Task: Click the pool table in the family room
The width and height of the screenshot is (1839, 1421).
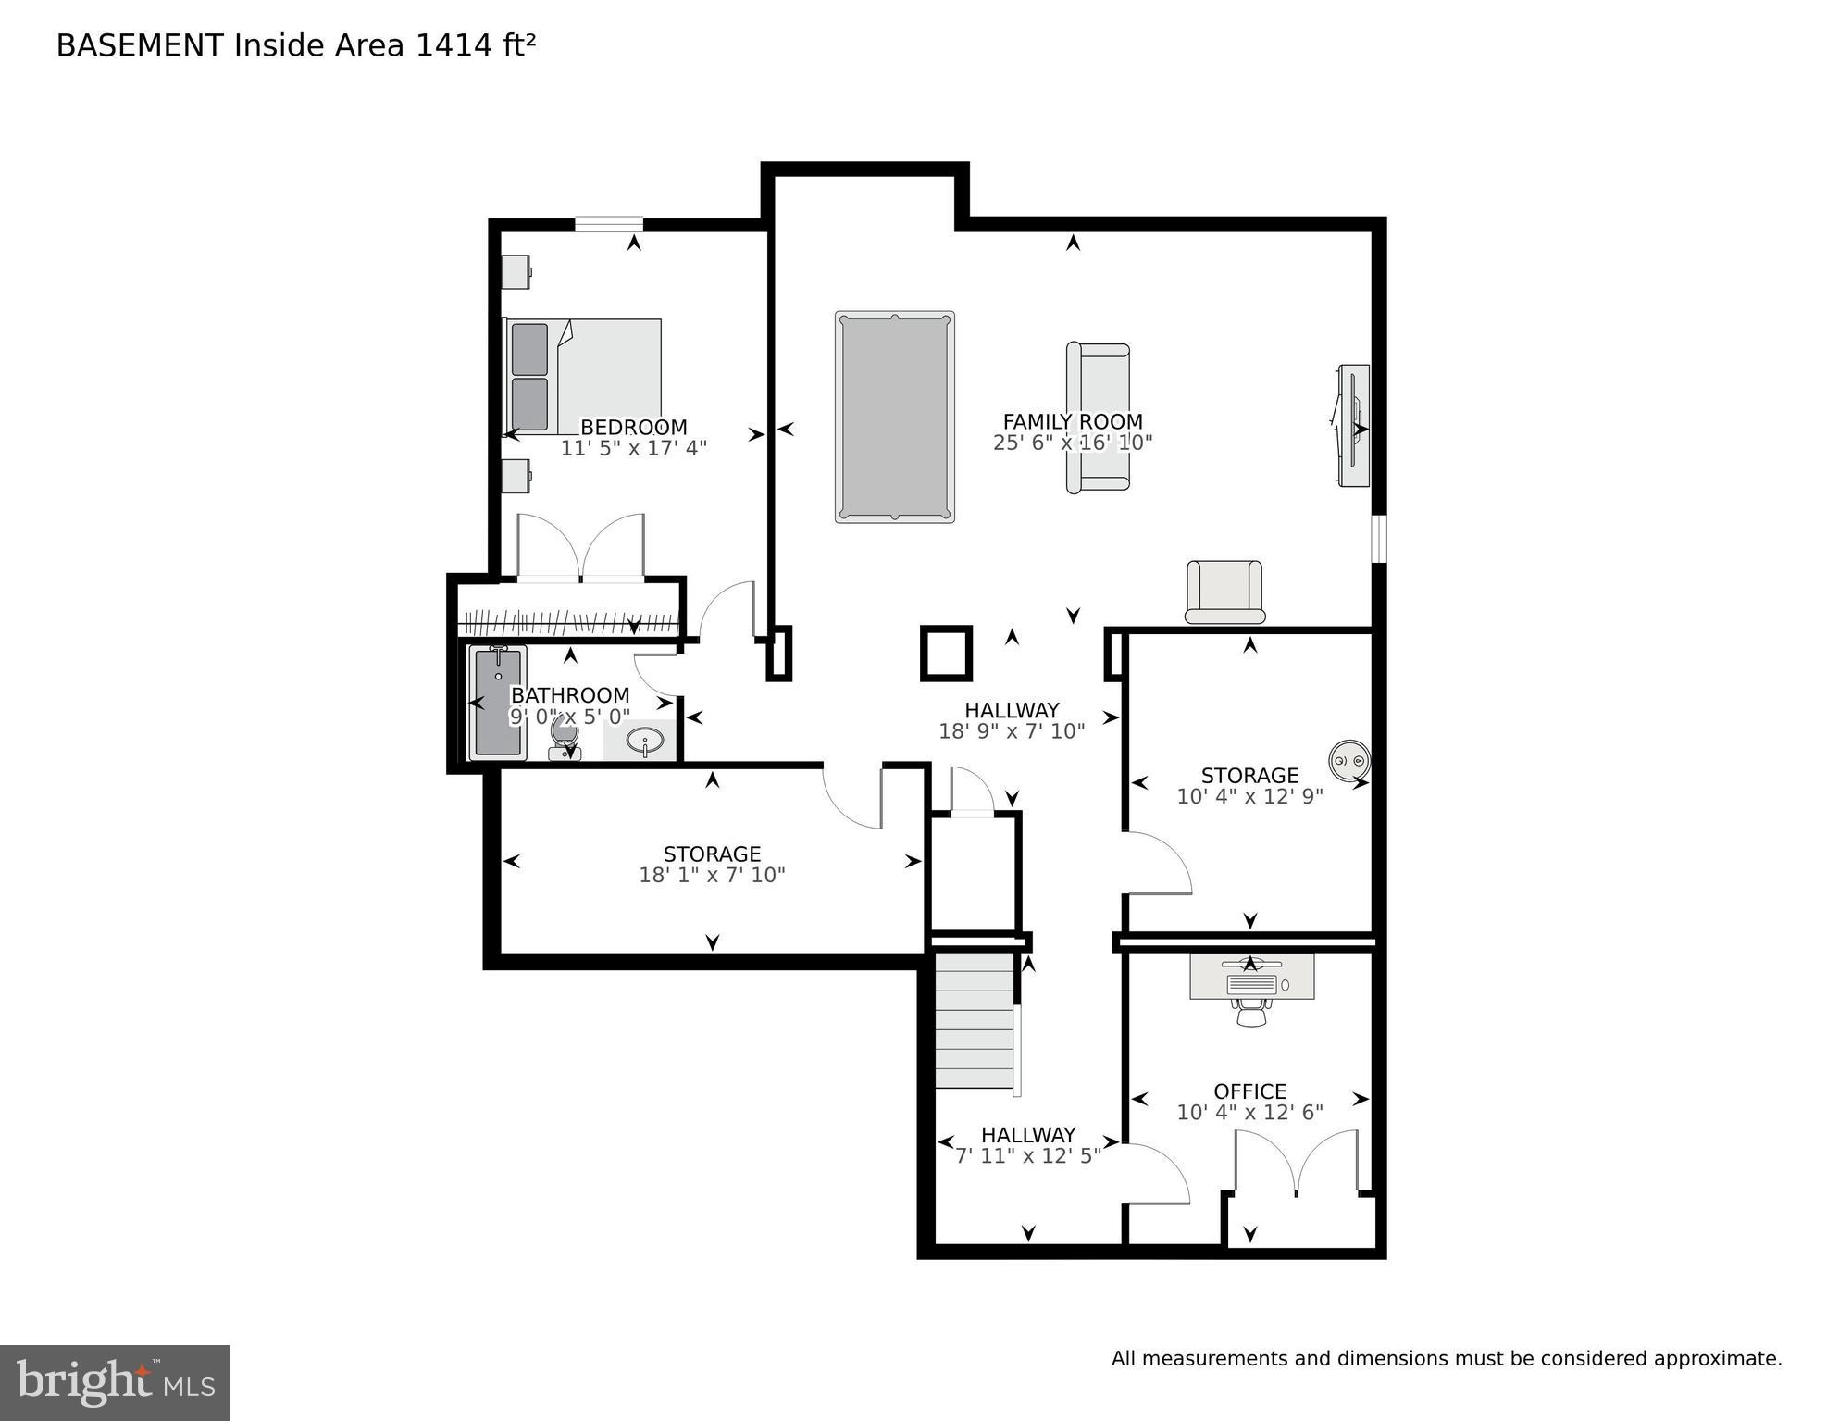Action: [894, 417]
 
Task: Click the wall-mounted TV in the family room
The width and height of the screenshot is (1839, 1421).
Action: [1353, 426]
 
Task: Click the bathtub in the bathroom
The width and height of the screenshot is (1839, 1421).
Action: [498, 703]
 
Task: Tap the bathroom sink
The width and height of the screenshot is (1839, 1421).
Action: [643, 741]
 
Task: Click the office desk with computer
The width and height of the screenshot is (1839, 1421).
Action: [1251, 978]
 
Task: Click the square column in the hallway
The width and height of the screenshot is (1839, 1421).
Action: [946, 654]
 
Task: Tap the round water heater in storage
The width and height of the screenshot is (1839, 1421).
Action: [1349, 760]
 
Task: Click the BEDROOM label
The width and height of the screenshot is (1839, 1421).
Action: [633, 428]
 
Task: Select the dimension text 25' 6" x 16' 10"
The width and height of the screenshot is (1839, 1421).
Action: [1073, 443]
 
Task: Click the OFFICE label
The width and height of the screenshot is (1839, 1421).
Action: [1249, 1091]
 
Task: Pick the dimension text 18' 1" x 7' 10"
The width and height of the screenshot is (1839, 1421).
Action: [712, 875]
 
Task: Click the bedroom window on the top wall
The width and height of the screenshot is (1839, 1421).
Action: [608, 223]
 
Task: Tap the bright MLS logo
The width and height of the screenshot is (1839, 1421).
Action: [115, 1382]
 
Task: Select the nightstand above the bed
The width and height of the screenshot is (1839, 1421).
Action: [516, 271]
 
